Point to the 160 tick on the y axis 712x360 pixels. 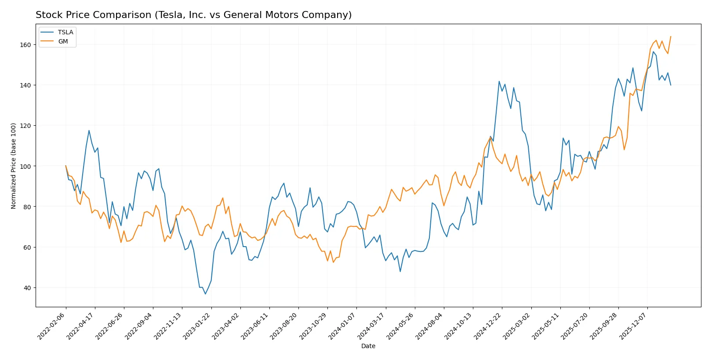point(25,45)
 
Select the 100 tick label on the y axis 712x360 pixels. point(25,166)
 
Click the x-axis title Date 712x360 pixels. point(368,346)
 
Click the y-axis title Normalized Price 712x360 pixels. point(13,166)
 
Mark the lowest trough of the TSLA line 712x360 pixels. point(205,294)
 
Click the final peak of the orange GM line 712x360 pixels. point(671,36)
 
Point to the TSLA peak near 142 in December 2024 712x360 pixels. point(499,81)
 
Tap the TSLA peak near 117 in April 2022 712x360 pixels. point(89,131)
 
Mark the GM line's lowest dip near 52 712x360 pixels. point(333,262)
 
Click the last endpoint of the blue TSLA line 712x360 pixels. point(671,85)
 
